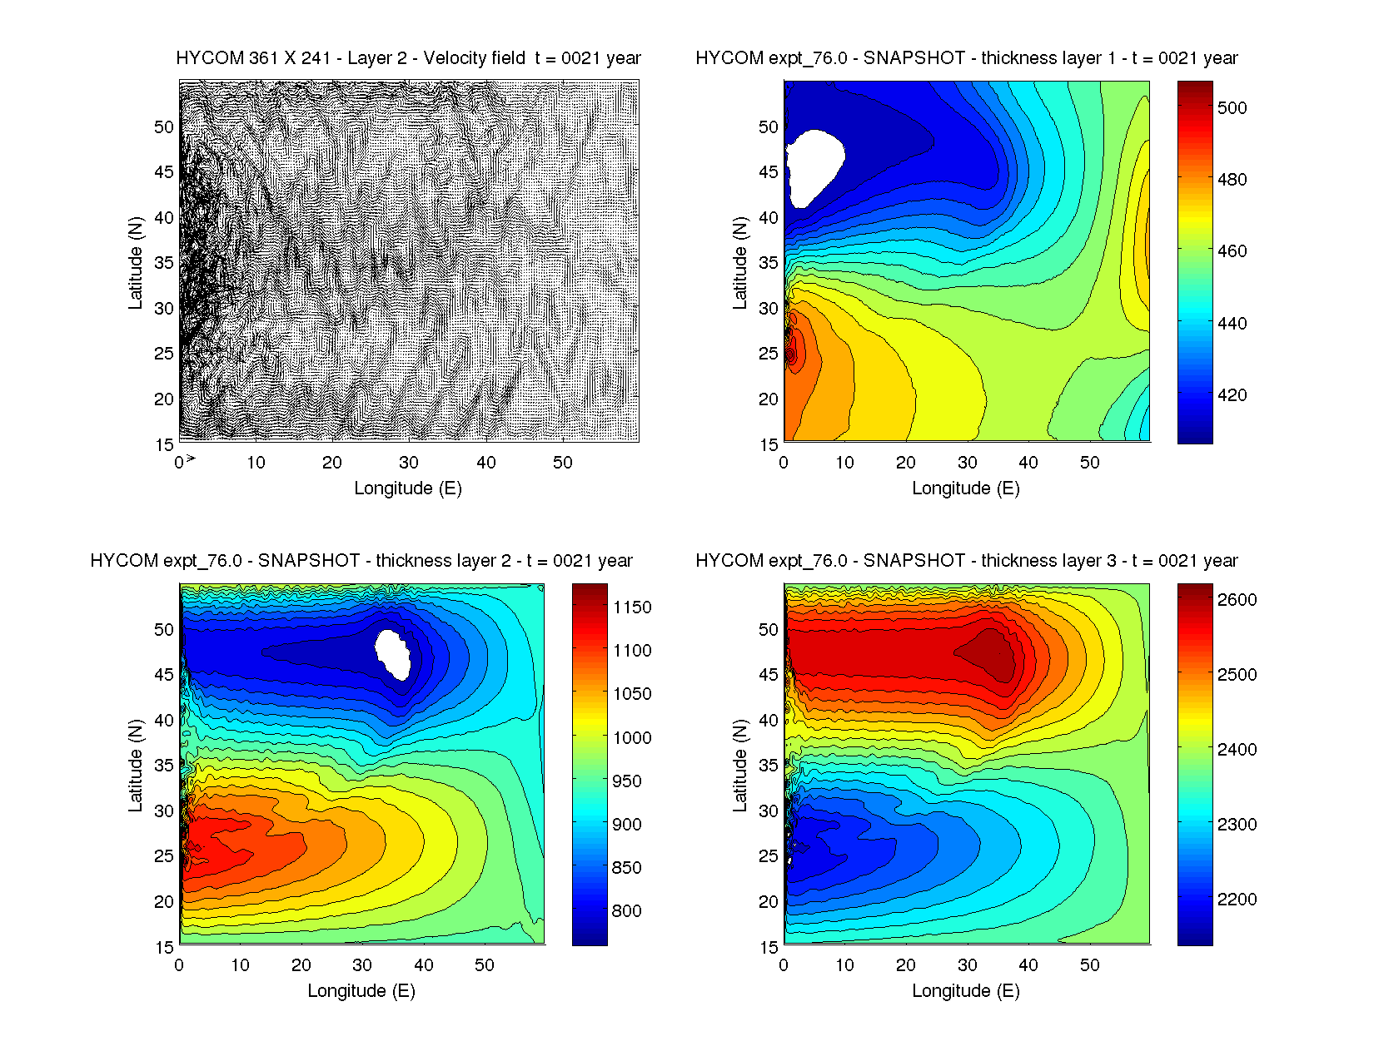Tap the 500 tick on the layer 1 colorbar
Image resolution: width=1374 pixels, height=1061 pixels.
click(x=1232, y=107)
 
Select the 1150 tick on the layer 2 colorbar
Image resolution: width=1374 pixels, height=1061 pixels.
click(x=632, y=607)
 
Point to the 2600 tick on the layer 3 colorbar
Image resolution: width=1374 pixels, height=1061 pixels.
click(x=1237, y=600)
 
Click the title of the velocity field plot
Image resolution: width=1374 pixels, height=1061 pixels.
click(x=408, y=58)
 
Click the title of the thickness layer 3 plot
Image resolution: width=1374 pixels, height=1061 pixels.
click(x=966, y=561)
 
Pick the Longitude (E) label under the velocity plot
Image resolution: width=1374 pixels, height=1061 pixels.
click(x=408, y=488)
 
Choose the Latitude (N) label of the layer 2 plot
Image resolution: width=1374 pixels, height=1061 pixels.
click(x=135, y=766)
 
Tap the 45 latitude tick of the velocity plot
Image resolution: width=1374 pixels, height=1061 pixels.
click(x=164, y=172)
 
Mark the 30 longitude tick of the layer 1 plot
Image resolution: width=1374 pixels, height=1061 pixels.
click(x=967, y=463)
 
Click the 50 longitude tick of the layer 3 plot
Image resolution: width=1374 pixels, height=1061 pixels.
click(x=1089, y=965)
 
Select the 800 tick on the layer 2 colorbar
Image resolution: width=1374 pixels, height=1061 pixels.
click(x=626, y=911)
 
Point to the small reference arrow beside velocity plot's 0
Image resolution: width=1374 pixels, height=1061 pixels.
click(x=191, y=459)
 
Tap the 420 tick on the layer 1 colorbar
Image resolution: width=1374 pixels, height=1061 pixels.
click(x=1232, y=395)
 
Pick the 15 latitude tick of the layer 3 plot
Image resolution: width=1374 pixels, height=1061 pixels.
click(x=769, y=947)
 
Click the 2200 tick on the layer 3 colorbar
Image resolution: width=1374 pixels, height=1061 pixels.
click(x=1237, y=900)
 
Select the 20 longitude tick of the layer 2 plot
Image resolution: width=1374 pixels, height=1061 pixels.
click(x=301, y=965)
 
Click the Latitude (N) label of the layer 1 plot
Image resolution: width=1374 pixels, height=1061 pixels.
click(x=739, y=263)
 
